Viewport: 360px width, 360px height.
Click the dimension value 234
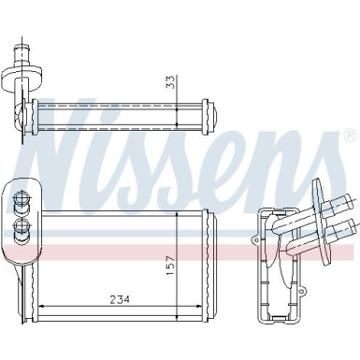click(x=121, y=299)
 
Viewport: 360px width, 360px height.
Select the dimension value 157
click(x=170, y=266)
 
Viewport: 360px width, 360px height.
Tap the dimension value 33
click(x=171, y=81)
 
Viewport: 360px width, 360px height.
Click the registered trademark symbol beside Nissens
click(x=350, y=135)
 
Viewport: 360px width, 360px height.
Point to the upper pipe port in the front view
click(x=21, y=198)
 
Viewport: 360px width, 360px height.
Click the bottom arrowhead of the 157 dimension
click(x=177, y=315)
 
